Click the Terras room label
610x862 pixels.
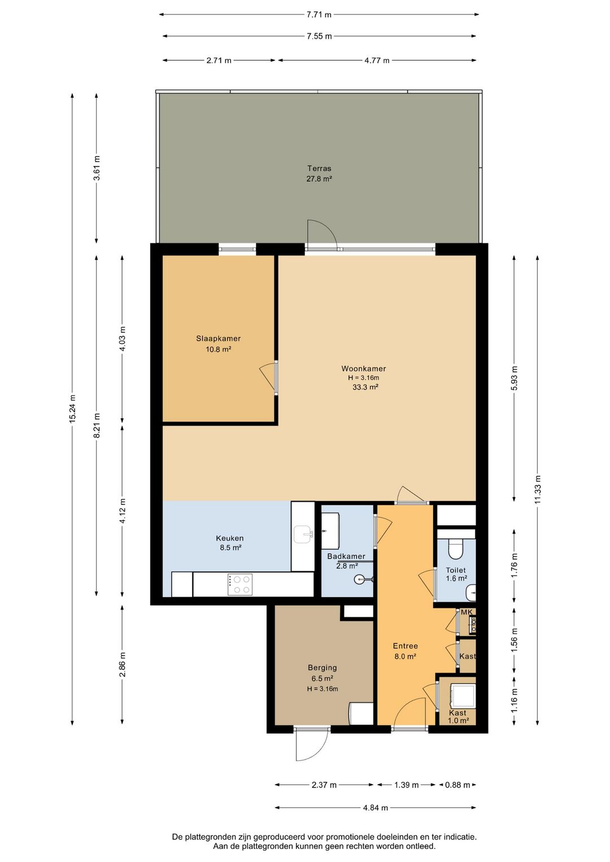[x=319, y=168]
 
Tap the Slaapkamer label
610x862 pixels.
[x=218, y=339]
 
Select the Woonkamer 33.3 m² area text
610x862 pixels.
[x=365, y=387]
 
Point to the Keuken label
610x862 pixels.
[x=230, y=538]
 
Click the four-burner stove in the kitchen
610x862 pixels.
[x=240, y=585]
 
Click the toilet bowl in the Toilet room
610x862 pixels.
[x=456, y=548]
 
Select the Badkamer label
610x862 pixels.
[x=346, y=556]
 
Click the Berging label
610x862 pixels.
[x=322, y=668]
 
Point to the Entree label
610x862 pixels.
[x=406, y=646]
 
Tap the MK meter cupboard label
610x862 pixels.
[x=467, y=612]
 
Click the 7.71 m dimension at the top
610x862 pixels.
[x=319, y=15]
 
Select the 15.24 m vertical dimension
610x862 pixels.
[x=72, y=410]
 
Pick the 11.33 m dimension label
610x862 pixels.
[x=538, y=490]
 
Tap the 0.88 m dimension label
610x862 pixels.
[x=457, y=785]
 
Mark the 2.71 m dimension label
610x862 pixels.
[x=219, y=60]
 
